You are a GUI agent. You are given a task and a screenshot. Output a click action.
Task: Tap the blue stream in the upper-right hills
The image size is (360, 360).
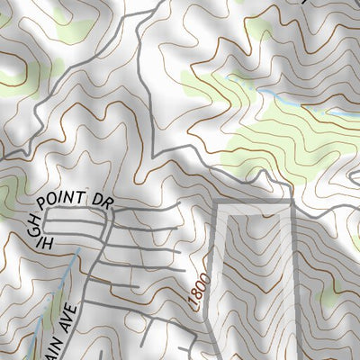click(270, 94)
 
